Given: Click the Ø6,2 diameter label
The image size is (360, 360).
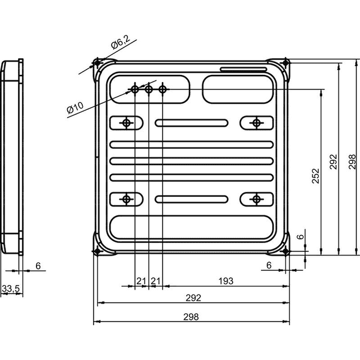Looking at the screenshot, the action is click(x=121, y=42).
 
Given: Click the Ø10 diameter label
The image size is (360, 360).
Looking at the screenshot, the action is click(x=75, y=107).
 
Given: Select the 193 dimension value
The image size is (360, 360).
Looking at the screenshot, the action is click(x=226, y=281).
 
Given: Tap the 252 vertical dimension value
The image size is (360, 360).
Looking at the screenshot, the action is click(x=316, y=176).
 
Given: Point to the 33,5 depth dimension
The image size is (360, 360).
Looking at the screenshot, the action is click(x=11, y=289).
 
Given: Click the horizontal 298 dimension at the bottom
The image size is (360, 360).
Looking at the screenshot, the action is click(x=191, y=317).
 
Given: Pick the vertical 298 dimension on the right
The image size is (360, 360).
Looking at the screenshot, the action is click(x=352, y=162).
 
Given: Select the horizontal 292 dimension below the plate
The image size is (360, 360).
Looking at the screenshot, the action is click(x=193, y=298).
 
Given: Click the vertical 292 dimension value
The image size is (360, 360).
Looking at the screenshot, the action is click(x=334, y=162).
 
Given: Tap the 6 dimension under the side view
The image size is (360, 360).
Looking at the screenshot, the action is click(x=38, y=266).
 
